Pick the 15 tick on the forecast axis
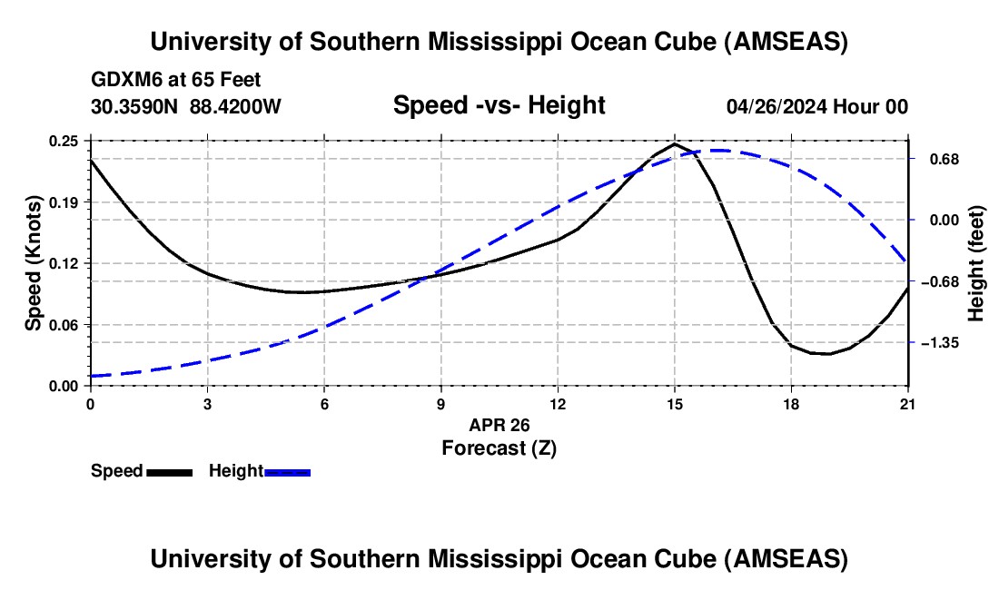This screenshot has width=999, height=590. (x=674, y=403)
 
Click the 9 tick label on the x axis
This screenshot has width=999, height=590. (x=440, y=403)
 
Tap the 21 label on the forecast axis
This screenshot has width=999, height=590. (x=907, y=403)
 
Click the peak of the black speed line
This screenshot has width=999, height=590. (x=674, y=143)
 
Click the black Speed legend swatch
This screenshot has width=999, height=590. (x=169, y=471)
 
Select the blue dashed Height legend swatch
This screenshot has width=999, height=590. (x=288, y=471)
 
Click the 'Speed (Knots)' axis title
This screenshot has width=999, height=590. (x=33, y=263)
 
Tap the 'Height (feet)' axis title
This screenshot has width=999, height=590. (x=976, y=263)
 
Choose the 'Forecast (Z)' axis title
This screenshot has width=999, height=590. (x=499, y=447)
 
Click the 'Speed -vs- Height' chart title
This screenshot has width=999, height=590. (x=499, y=105)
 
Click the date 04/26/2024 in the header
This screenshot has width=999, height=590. (x=776, y=106)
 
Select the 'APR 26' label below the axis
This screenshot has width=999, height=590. (x=499, y=425)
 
